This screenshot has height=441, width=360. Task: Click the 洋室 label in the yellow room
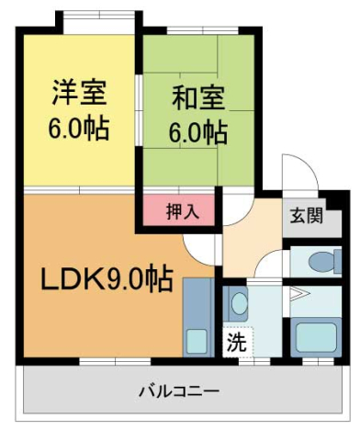click(x=80, y=93)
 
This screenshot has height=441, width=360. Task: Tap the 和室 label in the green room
click(x=197, y=95)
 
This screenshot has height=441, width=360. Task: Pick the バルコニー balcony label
click(x=179, y=391)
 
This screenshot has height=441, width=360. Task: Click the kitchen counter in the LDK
click(x=197, y=316)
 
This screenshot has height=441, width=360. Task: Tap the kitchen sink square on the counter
click(x=197, y=339)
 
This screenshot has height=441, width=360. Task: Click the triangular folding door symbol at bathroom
click(x=296, y=295)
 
